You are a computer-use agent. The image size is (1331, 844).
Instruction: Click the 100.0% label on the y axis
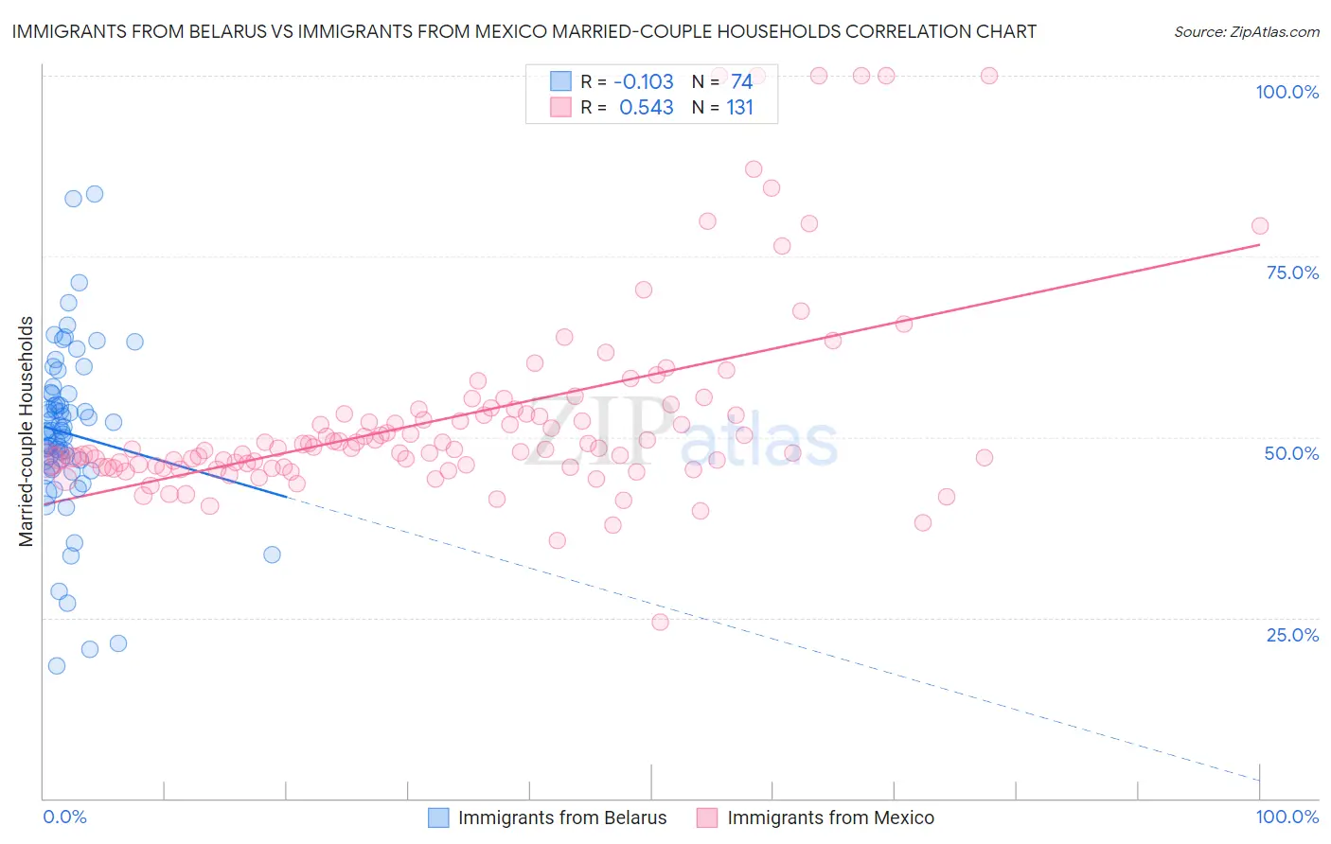coord(1287,92)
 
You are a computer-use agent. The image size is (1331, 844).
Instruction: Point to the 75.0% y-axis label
coord(1292,273)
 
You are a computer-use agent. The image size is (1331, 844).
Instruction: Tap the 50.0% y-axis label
coord(1291,453)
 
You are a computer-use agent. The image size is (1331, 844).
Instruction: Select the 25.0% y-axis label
coord(1292,634)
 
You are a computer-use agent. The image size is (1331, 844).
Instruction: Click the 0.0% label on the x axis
coord(64,817)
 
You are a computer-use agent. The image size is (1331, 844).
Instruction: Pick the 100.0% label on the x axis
coord(1287,817)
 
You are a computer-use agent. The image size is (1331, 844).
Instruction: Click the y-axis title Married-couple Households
coord(27,431)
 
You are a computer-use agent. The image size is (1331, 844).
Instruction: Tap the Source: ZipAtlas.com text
coord(1246,31)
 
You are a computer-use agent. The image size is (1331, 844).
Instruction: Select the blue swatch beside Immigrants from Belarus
coord(438,818)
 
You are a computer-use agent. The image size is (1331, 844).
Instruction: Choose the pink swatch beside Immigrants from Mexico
coord(707,818)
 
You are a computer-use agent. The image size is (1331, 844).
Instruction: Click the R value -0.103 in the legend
coord(644,81)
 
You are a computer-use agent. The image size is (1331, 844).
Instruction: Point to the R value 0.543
coord(646,108)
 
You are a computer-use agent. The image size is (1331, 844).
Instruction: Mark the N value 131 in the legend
coord(739,108)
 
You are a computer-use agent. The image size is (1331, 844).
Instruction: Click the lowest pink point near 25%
coord(660,622)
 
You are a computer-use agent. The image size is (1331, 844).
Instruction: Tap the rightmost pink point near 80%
coord(1259,225)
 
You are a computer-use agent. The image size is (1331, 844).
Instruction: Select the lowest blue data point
coord(57,665)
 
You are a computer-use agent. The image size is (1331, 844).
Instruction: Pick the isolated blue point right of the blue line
coord(272,554)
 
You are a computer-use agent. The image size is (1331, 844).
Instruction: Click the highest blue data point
coord(95,194)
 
